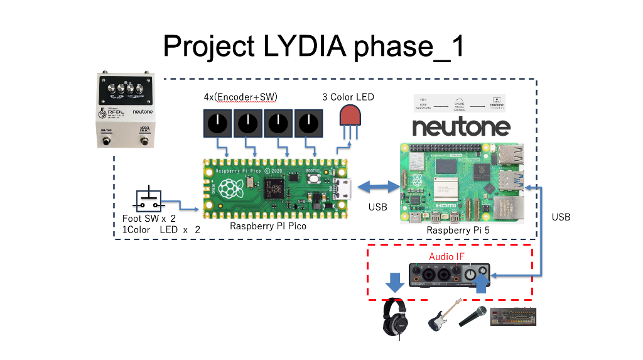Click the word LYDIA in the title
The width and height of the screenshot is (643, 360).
300,46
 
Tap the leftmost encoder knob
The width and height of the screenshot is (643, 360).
217,123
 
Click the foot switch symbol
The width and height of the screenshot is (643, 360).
149,201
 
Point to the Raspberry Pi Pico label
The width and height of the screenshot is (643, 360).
268,226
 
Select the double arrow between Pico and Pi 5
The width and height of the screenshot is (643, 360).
377,186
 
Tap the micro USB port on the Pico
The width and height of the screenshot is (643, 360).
343,187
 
